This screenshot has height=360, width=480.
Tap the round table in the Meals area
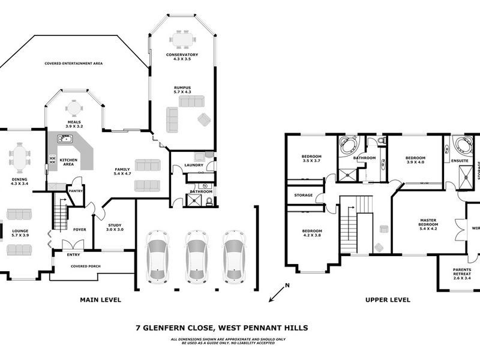74,108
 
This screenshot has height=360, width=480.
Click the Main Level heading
101,299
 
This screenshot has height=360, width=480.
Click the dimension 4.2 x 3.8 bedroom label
312,233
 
